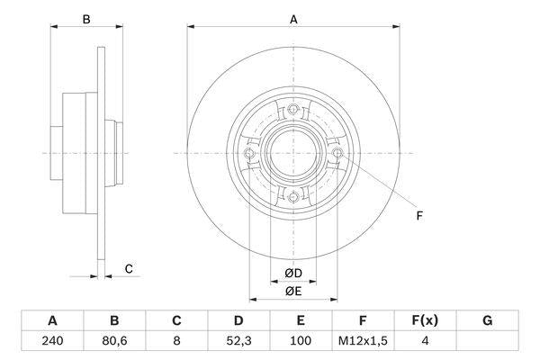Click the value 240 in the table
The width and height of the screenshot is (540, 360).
coord(52,341)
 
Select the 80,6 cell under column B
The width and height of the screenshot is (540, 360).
coord(114,341)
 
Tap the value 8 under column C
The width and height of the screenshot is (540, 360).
coord(176,341)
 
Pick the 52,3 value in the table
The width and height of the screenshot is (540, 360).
coord(238,341)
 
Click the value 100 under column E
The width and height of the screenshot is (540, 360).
coord(301,341)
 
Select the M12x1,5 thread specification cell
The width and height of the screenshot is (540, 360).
coord(363,341)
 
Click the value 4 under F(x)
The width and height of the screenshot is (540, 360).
coord(425,341)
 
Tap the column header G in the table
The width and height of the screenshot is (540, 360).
coord(487,320)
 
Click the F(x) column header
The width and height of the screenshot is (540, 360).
coord(425,320)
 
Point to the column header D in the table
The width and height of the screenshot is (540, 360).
coord(238,320)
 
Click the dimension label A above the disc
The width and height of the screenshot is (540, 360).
coord(293,18)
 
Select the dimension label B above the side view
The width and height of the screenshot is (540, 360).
coord(86,18)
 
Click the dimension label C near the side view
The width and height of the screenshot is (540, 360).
coord(129,268)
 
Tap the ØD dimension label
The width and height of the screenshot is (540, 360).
coord(293,273)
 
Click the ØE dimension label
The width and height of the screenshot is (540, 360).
coord(293,290)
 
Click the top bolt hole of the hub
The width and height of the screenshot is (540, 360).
coord(293,111)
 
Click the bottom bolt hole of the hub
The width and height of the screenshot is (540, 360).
coord(293,197)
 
